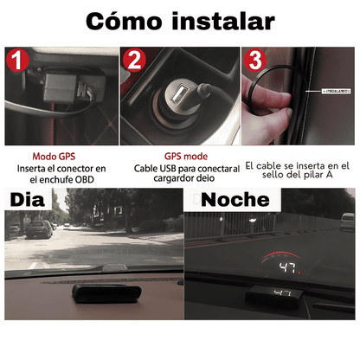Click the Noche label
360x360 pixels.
(x=235, y=199)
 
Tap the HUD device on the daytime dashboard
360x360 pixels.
(x=96, y=293)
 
